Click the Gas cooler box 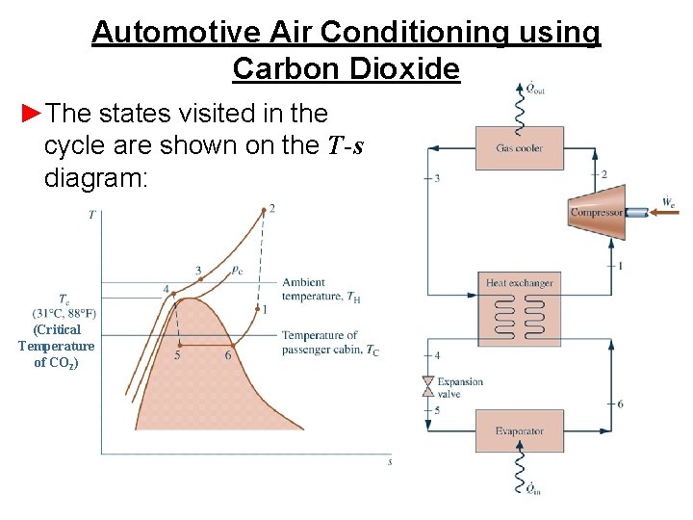pyautogui.click(x=520, y=148)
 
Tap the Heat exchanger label pyautogui.click(x=520, y=283)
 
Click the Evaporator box pyautogui.click(x=520, y=430)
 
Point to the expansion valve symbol pyautogui.click(x=428, y=384)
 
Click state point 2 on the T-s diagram pyautogui.click(x=264, y=210)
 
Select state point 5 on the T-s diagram pyautogui.click(x=180, y=344)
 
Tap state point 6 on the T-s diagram pyautogui.click(x=232, y=344)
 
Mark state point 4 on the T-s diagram pyautogui.click(x=173, y=292)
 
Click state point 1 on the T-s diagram pyautogui.click(x=256, y=310)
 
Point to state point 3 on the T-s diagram pyautogui.click(x=200, y=278)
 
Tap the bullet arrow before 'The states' pyautogui.click(x=31, y=114)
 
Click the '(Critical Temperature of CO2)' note pyautogui.click(x=56, y=346)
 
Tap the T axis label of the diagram pyautogui.click(x=91, y=215)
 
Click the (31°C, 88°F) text pyautogui.click(x=64, y=312)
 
